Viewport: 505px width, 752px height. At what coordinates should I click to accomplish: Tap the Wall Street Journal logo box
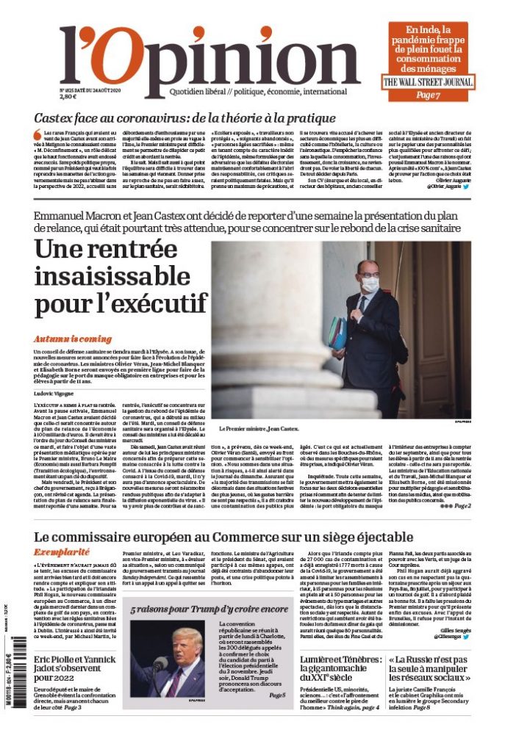pos(428,82)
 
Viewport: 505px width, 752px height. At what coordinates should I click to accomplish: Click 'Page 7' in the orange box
pos(427,95)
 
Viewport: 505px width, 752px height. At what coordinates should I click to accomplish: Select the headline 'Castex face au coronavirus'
pos(185,117)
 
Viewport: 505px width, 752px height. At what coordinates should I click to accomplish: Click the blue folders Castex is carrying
pos(337,333)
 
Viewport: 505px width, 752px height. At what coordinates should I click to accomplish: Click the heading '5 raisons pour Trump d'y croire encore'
pos(209,610)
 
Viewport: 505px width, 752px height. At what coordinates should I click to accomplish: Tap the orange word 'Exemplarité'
pos(62,551)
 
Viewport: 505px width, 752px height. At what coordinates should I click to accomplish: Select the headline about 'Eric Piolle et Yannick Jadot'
pos(75,669)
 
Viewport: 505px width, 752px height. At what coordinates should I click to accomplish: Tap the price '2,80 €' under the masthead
pos(68,96)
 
